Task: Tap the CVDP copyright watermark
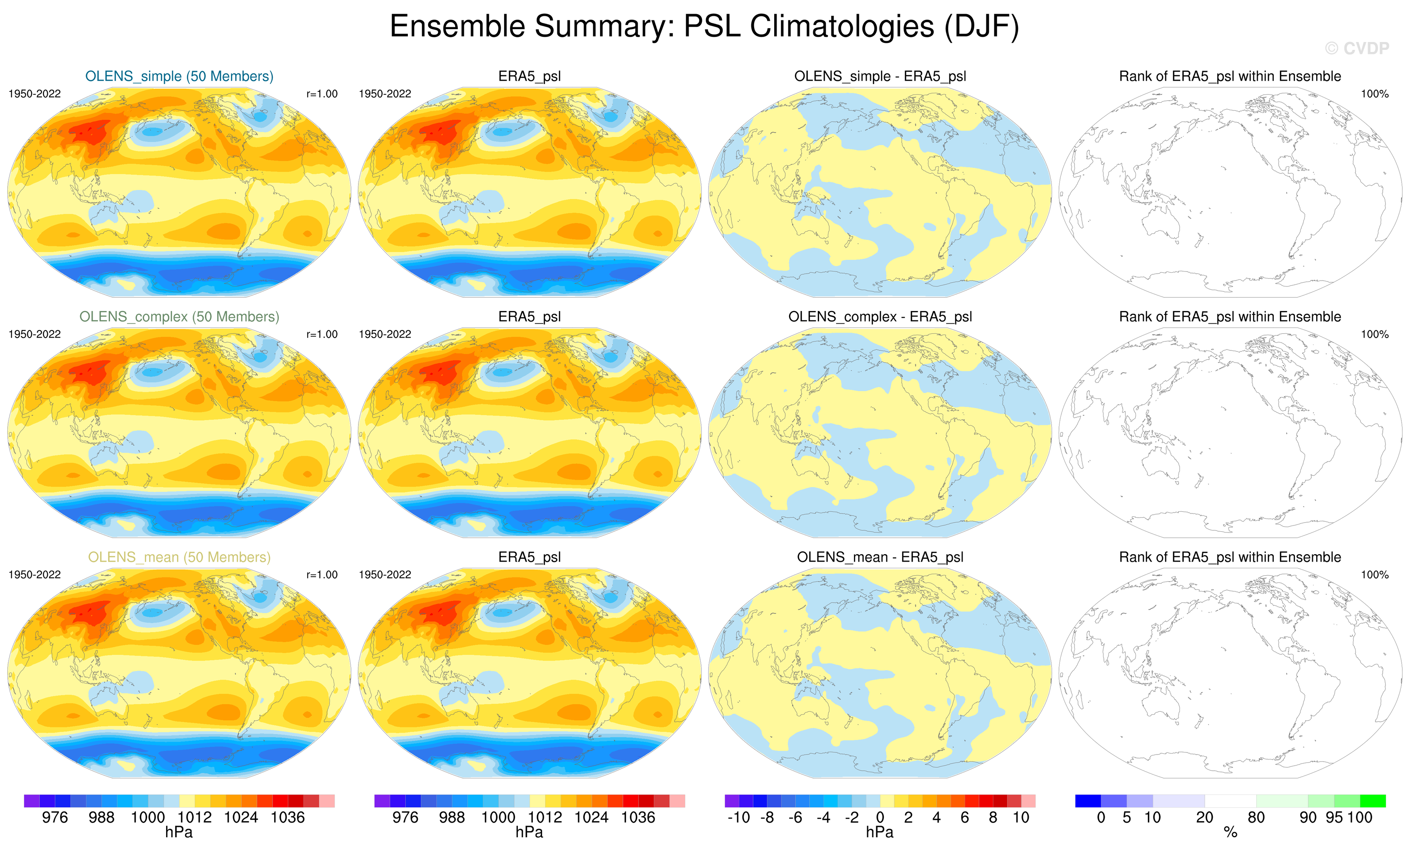coord(1357,49)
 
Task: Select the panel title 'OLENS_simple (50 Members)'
coord(179,76)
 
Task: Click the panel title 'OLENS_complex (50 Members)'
coord(179,317)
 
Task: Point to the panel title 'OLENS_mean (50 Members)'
coord(179,557)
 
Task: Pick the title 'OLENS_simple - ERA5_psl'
coord(880,76)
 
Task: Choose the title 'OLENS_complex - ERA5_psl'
coord(880,317)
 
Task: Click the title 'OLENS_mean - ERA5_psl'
coord(880,557)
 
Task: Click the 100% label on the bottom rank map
coord(1375,575)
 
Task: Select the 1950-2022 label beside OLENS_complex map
coord(34,334)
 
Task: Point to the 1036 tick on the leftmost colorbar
coord(288,818)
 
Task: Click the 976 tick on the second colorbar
coord(405,818)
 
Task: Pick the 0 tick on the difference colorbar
coord(880,818)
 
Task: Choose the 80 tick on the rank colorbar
coord(1256,818)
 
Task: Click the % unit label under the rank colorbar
coord(1230,833)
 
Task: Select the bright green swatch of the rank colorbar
coord(1373,801)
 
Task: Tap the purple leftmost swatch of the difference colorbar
coord(732,801)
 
